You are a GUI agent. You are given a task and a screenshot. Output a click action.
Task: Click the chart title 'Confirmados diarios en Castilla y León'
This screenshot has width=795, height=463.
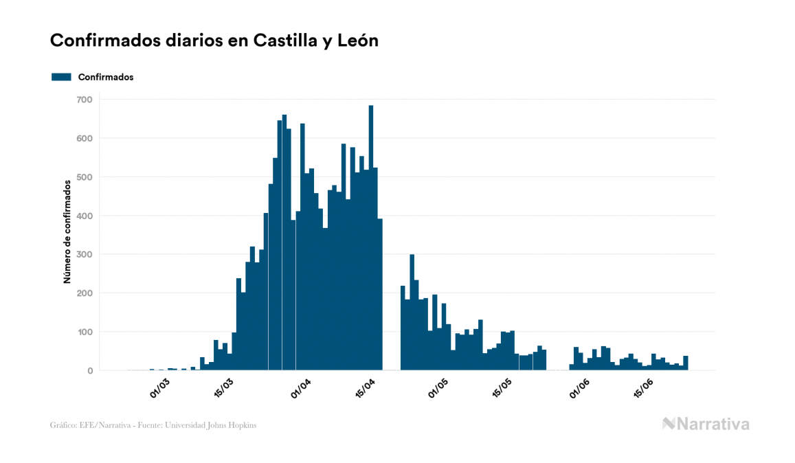214,41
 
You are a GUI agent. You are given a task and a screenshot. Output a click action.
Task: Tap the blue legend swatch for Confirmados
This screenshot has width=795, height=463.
61,77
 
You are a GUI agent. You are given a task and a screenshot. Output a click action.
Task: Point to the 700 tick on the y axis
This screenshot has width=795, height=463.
85,100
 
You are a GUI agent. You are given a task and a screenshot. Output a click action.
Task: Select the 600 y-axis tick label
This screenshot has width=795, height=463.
85,138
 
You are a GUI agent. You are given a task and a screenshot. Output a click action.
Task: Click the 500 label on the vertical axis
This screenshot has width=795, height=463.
85,177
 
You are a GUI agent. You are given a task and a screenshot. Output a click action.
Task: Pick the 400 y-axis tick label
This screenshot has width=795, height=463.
85,216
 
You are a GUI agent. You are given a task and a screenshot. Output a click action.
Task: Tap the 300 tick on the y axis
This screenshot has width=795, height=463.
85,254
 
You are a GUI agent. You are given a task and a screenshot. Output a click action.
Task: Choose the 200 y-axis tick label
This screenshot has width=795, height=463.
85,293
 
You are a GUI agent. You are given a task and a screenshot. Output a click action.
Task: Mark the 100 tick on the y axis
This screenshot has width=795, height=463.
85,332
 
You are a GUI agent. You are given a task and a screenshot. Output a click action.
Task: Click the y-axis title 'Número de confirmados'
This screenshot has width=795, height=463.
67,232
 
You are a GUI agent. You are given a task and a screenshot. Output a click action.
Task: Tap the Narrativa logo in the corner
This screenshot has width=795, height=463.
706,424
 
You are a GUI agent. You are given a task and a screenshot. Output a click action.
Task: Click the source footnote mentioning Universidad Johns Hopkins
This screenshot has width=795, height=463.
153,425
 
